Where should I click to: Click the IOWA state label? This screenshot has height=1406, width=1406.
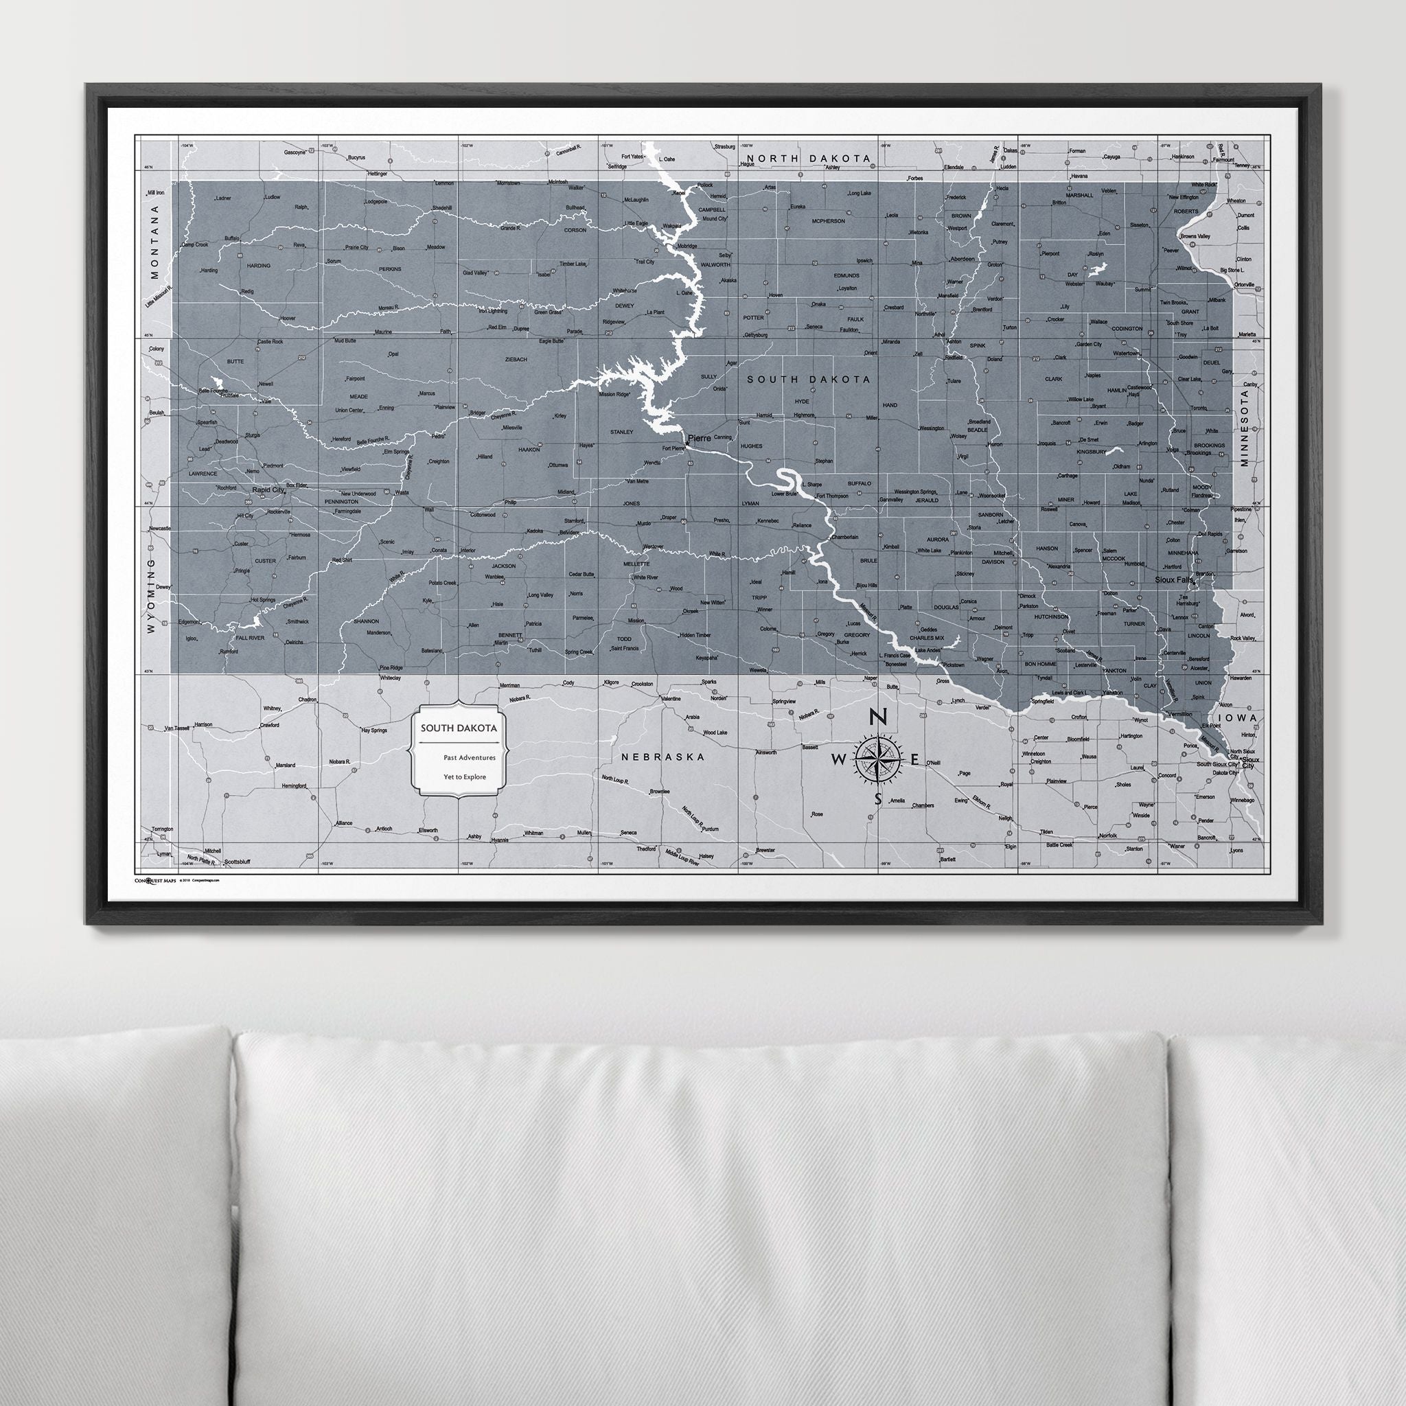tap(1245, 717)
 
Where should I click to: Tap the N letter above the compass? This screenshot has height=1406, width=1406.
tap(878, 717)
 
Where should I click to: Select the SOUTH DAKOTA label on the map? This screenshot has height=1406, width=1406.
tap(808, 379)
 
